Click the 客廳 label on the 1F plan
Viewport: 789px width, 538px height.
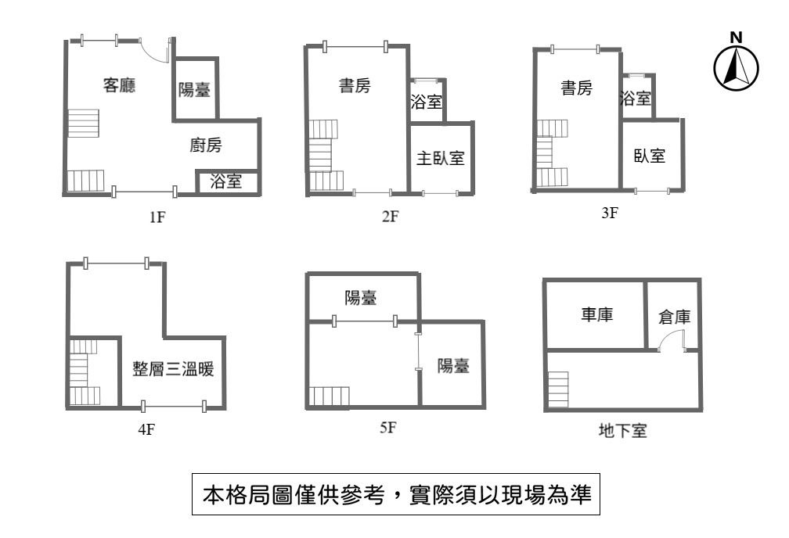coord(120,86)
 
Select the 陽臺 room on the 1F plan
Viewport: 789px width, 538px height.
coord(194,90)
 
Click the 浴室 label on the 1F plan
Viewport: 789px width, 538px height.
coord(225,182)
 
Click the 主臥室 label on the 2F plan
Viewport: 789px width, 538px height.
coord(440,158)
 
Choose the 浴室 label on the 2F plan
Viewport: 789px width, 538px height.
coord(427,102)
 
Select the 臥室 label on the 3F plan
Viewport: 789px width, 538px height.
coord(650,156)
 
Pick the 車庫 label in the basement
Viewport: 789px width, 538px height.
coord(596,314)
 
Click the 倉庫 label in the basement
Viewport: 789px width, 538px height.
coord(674,317)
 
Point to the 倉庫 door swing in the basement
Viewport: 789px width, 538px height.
coord(671,340)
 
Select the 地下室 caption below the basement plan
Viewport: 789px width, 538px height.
coord(622,430)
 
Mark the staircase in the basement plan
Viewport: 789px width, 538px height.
coord(557,389)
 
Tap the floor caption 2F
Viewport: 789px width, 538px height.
coord(390,217)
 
